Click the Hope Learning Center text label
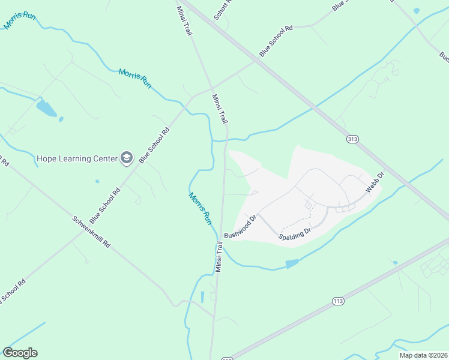[x=77, y=159]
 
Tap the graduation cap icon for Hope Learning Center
[x=127, y=158]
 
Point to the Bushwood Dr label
[x=240, y=226]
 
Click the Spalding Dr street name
[x=295, y=234]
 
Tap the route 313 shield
[x=353, y=139]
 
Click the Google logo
[x=20, y=353]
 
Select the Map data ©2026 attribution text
[x=423, y=355]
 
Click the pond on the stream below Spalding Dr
[x=292, y=263]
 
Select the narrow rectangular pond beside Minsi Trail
[x=202, y=296]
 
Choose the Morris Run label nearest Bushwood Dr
[x=200, y=208]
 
